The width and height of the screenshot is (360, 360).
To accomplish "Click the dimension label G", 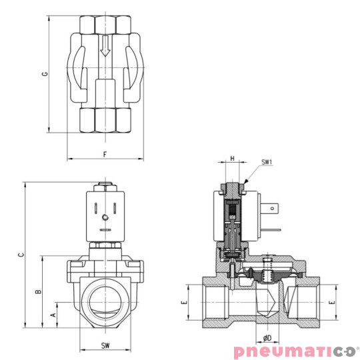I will click(x=44, y=75).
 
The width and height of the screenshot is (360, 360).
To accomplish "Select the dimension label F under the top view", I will click(x=105, y=154).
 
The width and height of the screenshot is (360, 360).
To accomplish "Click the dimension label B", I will click(x=39, y=291).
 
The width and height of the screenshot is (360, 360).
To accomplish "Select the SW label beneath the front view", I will click(x=105, y=345).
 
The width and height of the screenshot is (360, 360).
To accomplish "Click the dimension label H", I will click(x=231, y=159).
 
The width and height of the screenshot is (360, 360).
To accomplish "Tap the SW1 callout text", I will click(x=267, y=162).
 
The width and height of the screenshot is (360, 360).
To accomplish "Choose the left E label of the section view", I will click(x=185, y=303).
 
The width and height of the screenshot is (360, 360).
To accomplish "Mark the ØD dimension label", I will click(x=267, y=338).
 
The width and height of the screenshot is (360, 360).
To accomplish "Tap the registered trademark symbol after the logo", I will click(x=356, y=346).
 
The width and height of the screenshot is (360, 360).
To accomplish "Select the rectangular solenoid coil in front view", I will click(x=105, y=217).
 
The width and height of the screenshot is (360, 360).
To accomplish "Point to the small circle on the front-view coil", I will click(x=105, y=216).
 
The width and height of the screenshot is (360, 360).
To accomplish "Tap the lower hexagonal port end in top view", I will click(x=105, y=119).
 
